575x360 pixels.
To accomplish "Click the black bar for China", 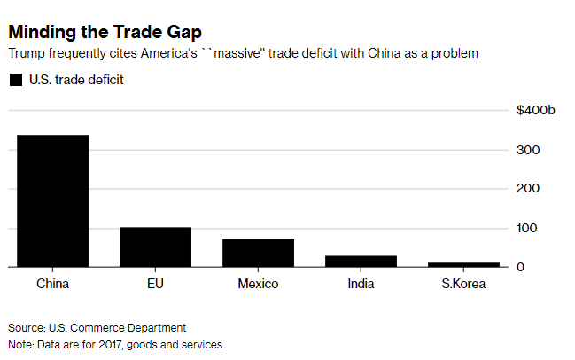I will pos(52,200).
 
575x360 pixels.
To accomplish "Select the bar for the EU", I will pos(155,247).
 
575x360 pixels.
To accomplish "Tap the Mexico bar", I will pos(258,253).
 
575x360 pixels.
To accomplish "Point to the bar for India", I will pos(361,261).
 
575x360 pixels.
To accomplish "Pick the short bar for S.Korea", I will pos(463,264).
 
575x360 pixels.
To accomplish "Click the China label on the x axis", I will pos(52,285).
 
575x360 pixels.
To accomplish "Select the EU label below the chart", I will pos(155,285).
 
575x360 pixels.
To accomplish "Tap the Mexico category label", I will pos(258,285).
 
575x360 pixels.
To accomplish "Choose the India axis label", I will pos(361,285).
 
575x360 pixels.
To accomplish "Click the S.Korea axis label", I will pos(463,285).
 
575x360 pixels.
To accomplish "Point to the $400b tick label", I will pos(536,111).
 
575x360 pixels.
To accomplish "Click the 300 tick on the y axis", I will pos(528,150).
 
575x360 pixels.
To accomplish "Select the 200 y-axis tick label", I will pos(528,189).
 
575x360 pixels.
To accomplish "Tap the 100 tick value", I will pos(528,228).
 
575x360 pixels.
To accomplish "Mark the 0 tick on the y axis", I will pos(522,267).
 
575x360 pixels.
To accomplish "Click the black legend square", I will pos(15,80).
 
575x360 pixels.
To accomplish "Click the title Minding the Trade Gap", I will pos(105,32).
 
